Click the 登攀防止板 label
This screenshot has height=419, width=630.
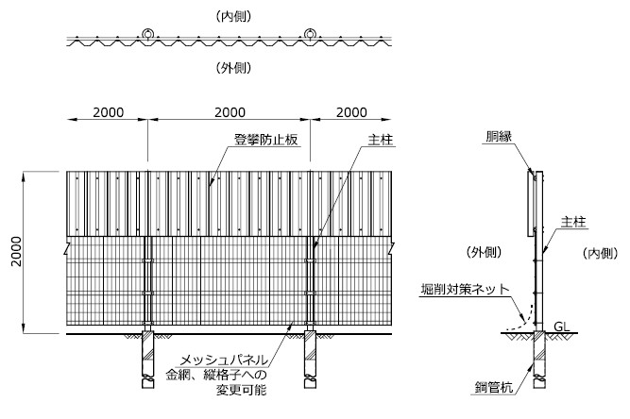coord(266,140)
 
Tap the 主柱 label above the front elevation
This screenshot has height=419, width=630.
coord(380,140)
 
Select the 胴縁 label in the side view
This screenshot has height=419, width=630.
coord(499,137)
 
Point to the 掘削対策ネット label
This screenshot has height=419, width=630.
coord(465,289)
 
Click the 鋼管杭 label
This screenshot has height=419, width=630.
coord(494,387)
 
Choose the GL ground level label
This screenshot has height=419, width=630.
coord(561,327)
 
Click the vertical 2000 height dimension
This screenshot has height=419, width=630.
coord(16,252)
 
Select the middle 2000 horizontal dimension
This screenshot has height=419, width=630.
coord(230,112)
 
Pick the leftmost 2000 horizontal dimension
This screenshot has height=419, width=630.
coord(108,112)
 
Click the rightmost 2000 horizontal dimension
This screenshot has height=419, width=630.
coord(351,112)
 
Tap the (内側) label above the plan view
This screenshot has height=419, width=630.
coord(233,16)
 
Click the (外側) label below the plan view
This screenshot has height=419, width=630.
coord(233,68)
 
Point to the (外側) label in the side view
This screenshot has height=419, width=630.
coord(485,252)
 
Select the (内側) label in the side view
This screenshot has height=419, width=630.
coord(601,253)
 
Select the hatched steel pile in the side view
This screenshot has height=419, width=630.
coord(539,359)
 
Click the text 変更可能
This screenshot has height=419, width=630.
coord(241,390)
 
